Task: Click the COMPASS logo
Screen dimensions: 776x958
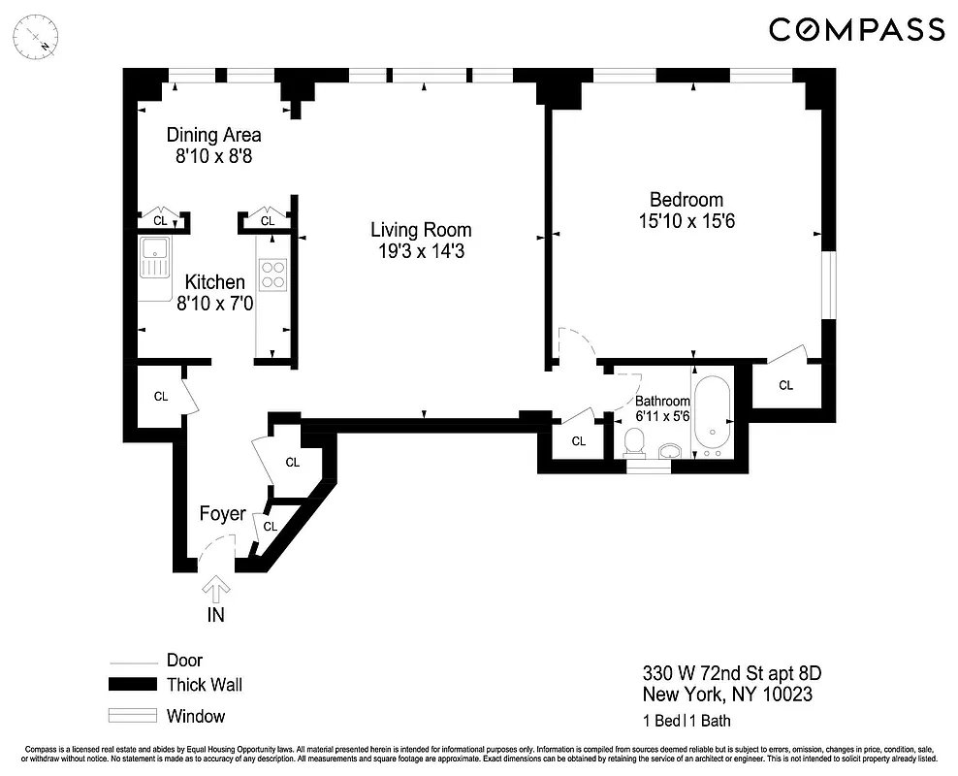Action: point(856,30)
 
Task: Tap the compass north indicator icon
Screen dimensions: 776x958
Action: point(40,40)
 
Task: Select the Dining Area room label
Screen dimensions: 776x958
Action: point(213,135)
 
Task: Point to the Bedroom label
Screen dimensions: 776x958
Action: point(687,200)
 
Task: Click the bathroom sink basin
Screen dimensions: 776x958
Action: point(671,451)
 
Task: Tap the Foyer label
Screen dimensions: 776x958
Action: point(222,513)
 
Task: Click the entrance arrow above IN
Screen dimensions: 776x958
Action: point(216,588)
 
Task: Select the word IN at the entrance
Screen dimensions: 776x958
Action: point(216,614)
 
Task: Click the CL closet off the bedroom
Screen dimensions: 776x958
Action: point(785,385)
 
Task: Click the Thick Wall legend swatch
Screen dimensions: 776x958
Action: point(131,685)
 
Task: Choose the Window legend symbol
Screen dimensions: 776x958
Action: point(131,716)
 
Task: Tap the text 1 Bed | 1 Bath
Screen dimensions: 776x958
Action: point(687,721)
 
